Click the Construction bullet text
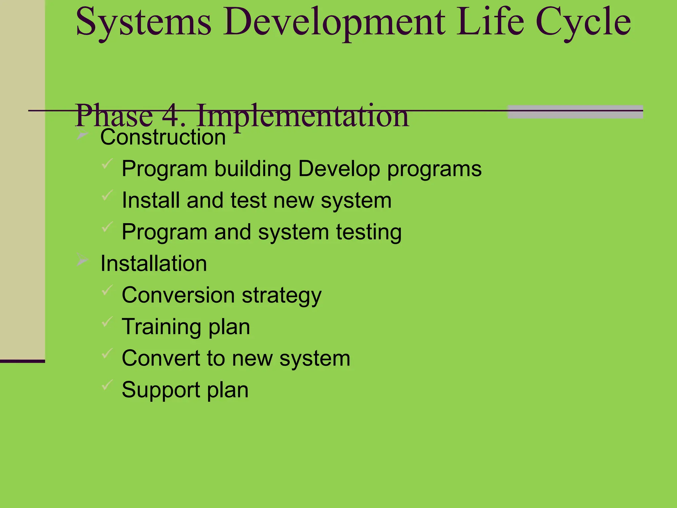click(x=163, y=137)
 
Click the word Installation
click(x=153, y=264)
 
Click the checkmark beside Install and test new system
click(x=107, y=195)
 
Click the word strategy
click(x=281, y=296)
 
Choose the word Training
click(x=161, y=327)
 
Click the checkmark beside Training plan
click(x=107, y=321)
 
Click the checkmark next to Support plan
click(x=107, y=385)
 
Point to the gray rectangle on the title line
click(x=575, y=112)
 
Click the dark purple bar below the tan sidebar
click(x=22, y=361)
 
